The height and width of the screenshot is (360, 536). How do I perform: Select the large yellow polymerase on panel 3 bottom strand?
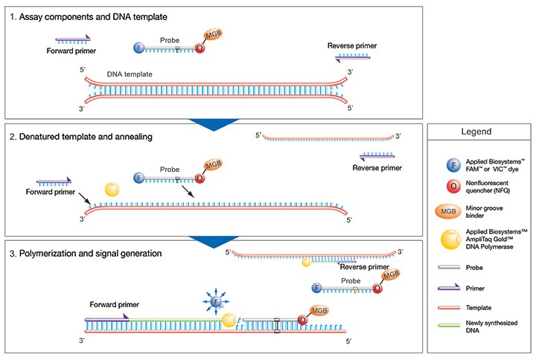[x=231, y=321]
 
